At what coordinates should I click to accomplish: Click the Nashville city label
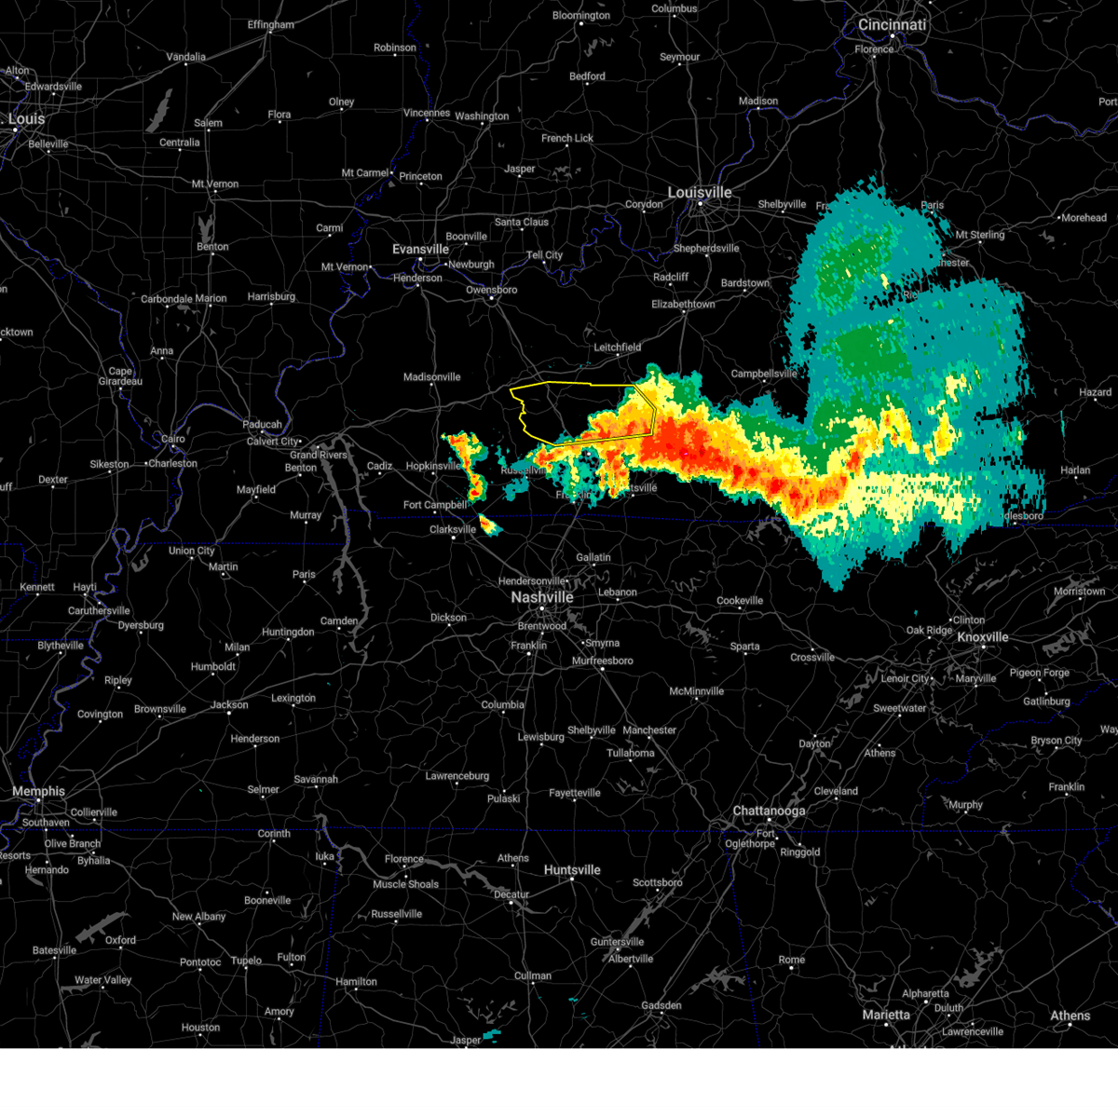coord(541,597)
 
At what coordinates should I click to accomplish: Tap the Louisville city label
coord(699,193)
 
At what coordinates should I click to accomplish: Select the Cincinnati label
coord(892,25)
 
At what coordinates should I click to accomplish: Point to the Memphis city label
coord(38,791)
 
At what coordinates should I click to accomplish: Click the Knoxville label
coord(982,637)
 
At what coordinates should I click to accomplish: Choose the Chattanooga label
coord(769,811)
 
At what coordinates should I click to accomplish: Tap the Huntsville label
coord(572,870)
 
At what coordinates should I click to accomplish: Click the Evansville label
coord(420,250)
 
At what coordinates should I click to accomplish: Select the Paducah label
coord(262,425)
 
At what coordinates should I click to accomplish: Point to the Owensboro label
coord(491,290)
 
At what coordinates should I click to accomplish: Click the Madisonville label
coord(431,377)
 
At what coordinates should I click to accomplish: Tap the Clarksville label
coord(452,529)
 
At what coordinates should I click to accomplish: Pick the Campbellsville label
coord(764,374)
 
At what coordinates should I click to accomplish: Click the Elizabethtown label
coord(683,305)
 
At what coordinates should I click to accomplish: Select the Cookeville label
coord(740,601)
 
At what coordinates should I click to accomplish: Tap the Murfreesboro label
coord(602,661)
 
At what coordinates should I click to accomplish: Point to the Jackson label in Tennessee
coord(229,704)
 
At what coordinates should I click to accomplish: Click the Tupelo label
coord(246,961)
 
